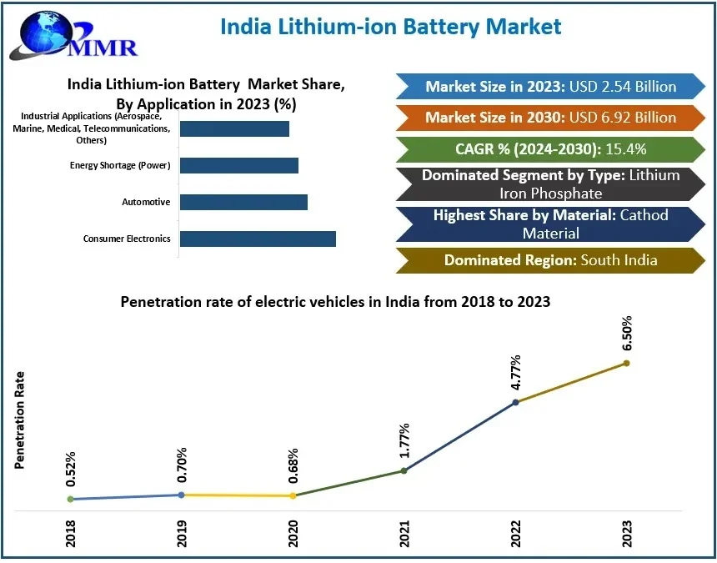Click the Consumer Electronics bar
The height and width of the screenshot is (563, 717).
(258, 239)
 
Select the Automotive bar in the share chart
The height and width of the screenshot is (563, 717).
(243, 202)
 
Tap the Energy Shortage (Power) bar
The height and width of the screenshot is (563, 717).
(239, 165)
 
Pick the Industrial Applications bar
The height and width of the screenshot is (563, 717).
(234, 128)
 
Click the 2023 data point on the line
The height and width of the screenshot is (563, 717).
(626, 363)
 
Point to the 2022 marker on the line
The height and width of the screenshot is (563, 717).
(515, 402)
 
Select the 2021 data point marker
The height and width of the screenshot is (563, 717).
(404, 471)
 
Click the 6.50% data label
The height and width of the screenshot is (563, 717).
(626, 333)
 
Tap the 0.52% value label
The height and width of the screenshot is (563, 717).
(70, 470)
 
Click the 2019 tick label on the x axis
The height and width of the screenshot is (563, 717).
(181, 532)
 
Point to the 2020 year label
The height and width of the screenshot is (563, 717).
(293, 532)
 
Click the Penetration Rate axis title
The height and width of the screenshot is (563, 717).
(20, 420)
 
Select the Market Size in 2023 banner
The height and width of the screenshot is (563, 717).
(550, 87)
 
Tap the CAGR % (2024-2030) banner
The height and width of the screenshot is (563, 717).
(550, 149)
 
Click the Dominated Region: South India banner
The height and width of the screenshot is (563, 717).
(550, 260)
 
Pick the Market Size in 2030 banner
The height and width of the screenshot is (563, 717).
(550, 118)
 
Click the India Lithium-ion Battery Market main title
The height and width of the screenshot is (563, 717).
(390, 27)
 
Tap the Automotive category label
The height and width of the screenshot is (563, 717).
(146, 202)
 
